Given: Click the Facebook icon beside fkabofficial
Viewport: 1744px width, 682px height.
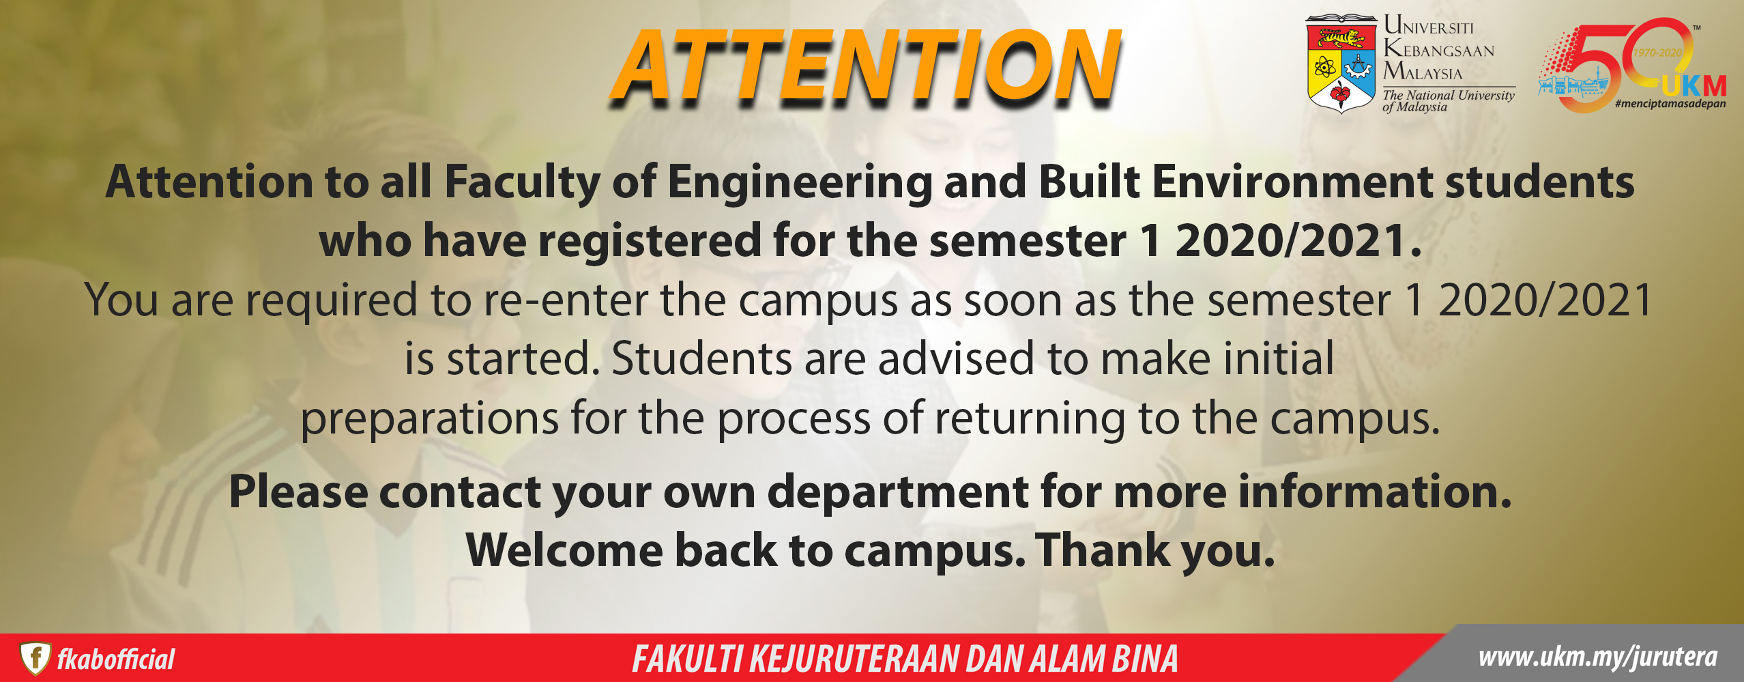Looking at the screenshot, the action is pyautogui.click(x=35, y=658).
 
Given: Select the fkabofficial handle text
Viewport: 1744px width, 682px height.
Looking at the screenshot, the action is pyautogui.click(x=115, y=659).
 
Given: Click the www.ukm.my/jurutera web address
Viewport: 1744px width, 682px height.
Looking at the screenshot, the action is pyautogui.click(x=1597, y=657).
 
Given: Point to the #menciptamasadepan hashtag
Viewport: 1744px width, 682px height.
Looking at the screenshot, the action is pyautogui.click(x=1670, y=104).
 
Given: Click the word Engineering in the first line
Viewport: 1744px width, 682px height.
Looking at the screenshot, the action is pyautogui.click(x=799, y=184).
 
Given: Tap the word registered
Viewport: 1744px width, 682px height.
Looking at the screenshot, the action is pyautogui.click(x=649, y=242).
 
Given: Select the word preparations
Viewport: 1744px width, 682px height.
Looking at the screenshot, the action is pyautogui.click(x=430, y=419).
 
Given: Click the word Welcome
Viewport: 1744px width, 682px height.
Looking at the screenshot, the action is pyautogui.click(x=564, y=550).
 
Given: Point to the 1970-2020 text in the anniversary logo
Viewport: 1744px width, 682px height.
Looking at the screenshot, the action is pyautogui.click(x=1657, y=53).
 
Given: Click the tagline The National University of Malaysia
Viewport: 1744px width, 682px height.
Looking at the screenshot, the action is pyautogui.click(x=1448, y=100).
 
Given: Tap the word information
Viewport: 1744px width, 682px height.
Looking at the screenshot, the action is pyautogui.click(x=1374, y=492).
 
